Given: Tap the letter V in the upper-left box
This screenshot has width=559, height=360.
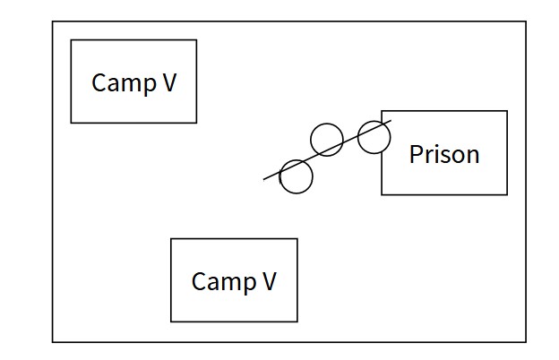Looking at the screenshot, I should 168,82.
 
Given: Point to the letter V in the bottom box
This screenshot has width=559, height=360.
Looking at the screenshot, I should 268,281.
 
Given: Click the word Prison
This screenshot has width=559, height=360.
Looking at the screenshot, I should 443,154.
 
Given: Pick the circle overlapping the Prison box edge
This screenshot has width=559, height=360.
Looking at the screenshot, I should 374,137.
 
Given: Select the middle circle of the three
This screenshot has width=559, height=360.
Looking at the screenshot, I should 326,139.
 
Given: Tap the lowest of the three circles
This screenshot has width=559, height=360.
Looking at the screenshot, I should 297,176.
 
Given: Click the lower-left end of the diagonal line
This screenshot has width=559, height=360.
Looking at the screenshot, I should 264,180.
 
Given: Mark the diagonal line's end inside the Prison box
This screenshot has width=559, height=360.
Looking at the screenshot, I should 391,120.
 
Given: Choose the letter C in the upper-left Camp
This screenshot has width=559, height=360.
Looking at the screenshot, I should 99,83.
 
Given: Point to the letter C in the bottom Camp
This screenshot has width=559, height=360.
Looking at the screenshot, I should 199,281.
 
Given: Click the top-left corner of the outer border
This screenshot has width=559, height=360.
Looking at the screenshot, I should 52,21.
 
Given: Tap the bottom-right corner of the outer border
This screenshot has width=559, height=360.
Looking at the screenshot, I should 526,341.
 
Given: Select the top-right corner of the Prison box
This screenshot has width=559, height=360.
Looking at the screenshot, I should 507,111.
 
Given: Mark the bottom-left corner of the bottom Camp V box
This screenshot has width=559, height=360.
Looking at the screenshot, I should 171,321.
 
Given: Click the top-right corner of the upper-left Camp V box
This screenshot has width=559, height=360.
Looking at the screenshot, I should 196,39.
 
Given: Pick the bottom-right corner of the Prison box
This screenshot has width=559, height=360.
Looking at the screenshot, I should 507,194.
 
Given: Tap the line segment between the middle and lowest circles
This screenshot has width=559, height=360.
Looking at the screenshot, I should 313,157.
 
